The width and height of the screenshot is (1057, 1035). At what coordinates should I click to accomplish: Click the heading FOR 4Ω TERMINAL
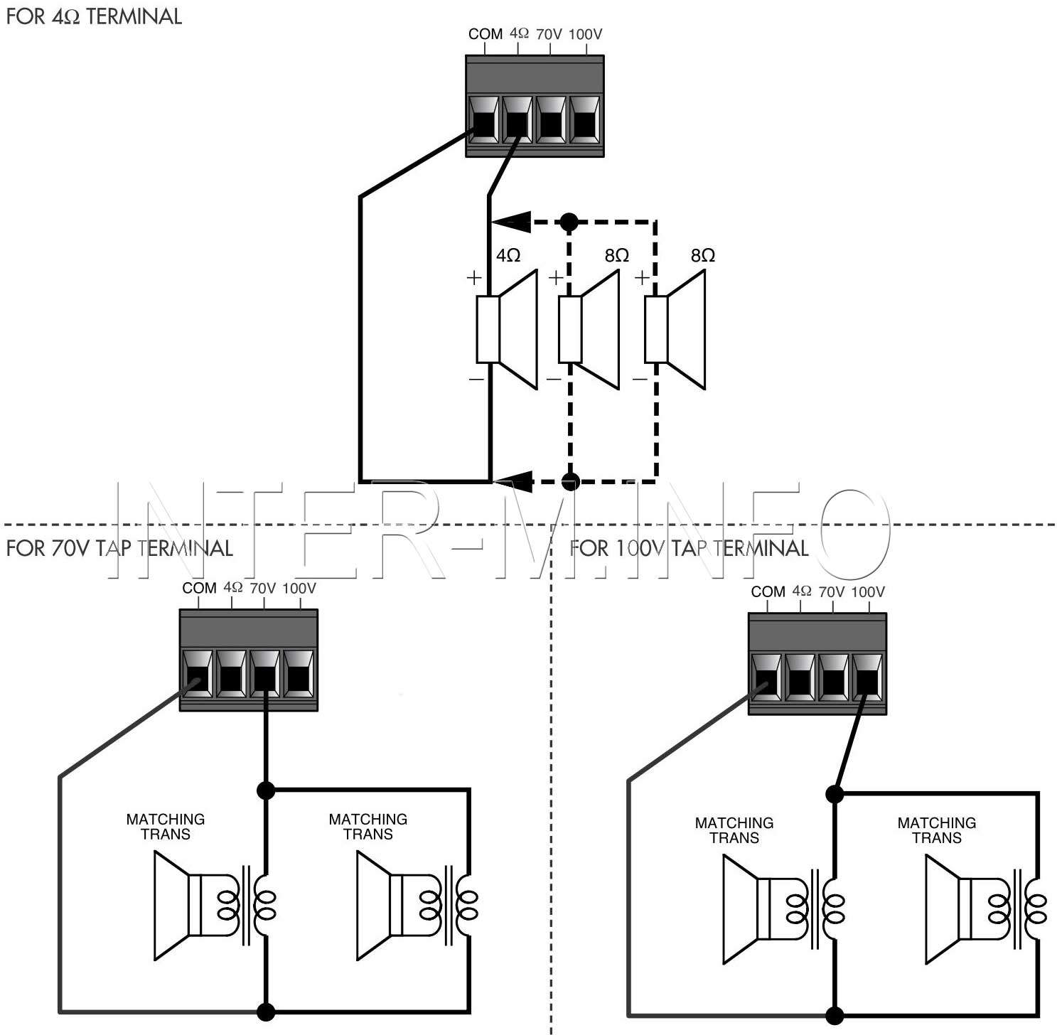pyautogui.click(x=94, y=16)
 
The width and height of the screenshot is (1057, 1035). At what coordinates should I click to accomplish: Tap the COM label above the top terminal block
pyautogui.click(x=485, y=34)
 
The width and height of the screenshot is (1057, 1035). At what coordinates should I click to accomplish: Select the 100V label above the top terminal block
pyautogui.click(x=586, y=34)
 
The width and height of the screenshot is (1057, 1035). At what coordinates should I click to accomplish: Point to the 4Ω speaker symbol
pyautogui.click(x=507, y=330)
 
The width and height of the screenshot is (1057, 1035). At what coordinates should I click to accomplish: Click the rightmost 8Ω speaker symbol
pyautogui.click(x=675, y=330)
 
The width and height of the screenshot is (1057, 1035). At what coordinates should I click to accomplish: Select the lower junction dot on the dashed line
pyautogui.click(x=570, y=482)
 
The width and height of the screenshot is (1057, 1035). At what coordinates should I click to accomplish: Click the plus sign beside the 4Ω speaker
pyautogui.click(x=474, y=278)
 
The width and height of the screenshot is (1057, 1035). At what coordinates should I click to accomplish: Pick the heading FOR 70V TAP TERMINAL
pyautogui.click(x=119, y=548)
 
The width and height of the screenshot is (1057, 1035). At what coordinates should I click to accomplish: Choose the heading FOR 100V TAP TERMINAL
pyautogui.click(x=689, y=548)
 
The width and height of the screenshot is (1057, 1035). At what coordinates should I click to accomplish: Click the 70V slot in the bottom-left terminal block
pyautogui.click(x=264, y=674)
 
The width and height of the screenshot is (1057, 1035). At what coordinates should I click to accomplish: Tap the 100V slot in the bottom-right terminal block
pyautogui.click(x=867, y=677)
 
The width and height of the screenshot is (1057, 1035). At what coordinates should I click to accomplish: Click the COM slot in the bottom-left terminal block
pyautogui.click(x=198, y=674)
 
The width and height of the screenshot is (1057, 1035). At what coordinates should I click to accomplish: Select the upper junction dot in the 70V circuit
pyautogui.click(x=265, y=790)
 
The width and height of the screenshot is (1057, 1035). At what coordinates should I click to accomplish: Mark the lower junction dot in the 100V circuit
pyautogui.click(x=835, y=1015)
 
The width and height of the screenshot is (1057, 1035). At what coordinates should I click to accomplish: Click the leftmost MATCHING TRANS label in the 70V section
pyautogui.click(x=166, y=827)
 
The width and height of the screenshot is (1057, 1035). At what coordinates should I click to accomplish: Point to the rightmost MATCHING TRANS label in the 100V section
pyautogui.click(x=937, y=830)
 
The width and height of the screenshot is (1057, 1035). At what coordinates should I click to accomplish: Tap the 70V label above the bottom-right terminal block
pyautogui.click(x=832, y=591)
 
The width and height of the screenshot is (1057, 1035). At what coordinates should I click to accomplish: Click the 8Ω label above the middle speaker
pyautogui.click(x=617, y=255)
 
